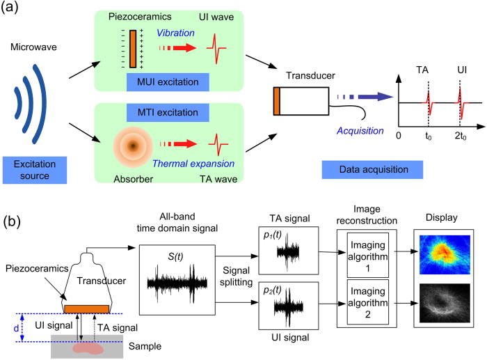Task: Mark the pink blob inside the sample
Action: pos(91,347)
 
